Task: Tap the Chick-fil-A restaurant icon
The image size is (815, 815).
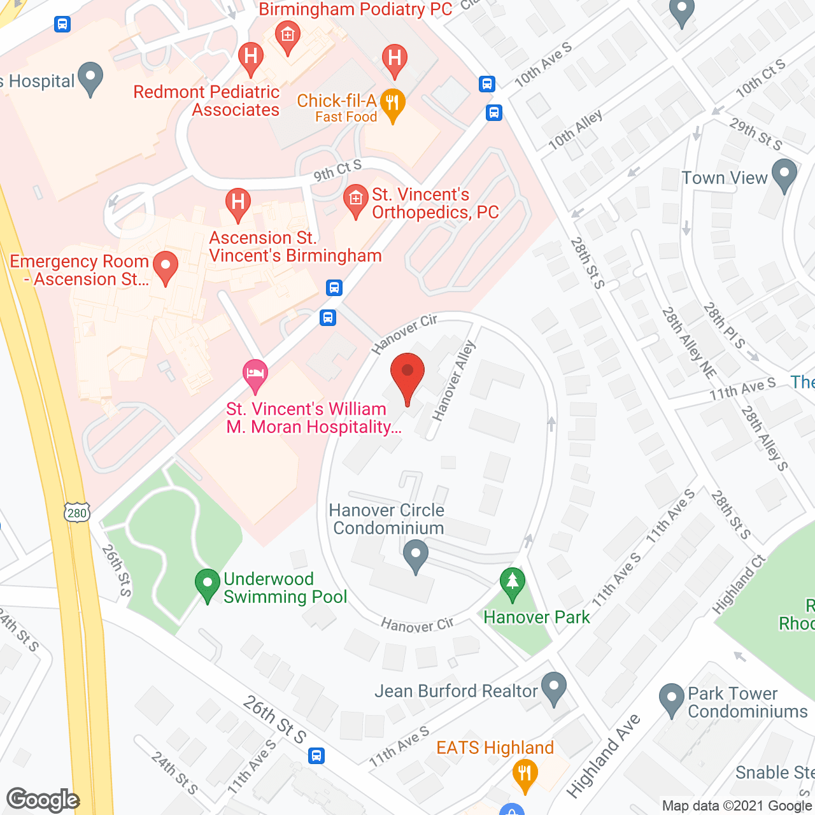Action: (x=392, y=104)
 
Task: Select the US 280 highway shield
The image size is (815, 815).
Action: (x=76, y=513)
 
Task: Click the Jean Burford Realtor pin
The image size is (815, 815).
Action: (x=553, y=688)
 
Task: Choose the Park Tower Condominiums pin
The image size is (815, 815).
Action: (x=671, y=699)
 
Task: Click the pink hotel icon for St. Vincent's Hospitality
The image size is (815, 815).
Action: (x=255, y=376)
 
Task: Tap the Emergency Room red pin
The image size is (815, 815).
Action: (x=166, y=267)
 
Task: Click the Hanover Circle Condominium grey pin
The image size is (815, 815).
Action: (x=416, y=556)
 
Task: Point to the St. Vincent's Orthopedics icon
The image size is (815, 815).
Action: (x=355, y=201)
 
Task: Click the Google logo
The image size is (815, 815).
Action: (x=43, y=800)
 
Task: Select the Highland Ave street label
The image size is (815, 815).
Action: (x=602, y=756)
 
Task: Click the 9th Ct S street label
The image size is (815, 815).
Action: (x=337, y=170)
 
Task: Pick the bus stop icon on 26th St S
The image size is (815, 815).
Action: (x=316, y=756)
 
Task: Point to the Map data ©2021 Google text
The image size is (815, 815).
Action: (x=737, y=805)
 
